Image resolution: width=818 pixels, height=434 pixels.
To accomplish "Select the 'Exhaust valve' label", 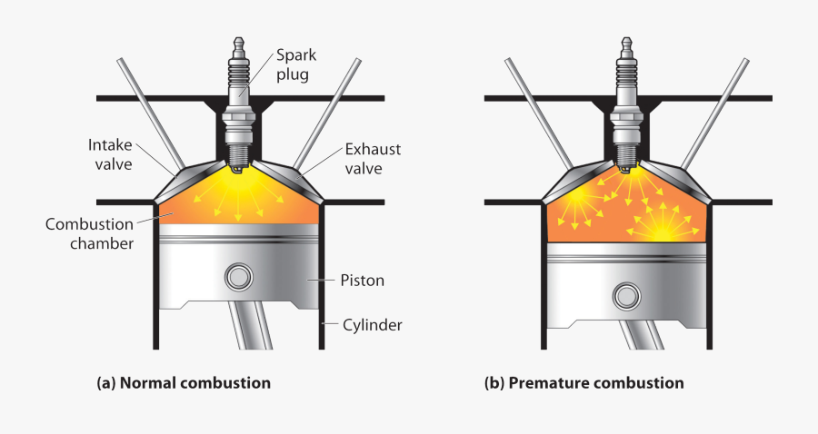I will coord(373,158).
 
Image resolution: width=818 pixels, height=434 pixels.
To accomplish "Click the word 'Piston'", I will coord(363,281).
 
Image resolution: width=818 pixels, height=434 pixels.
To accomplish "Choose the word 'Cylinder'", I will coord(373,323).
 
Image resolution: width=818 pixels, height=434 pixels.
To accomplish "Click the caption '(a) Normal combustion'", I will coord(184,382).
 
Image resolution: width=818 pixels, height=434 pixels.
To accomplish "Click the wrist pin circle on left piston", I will coord(240,276).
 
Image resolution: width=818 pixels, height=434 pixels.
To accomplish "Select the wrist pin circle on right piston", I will coord(625,295).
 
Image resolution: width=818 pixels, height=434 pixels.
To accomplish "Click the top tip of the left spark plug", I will coord(240,40).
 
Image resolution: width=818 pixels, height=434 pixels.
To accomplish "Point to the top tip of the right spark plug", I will coord(625,40).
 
